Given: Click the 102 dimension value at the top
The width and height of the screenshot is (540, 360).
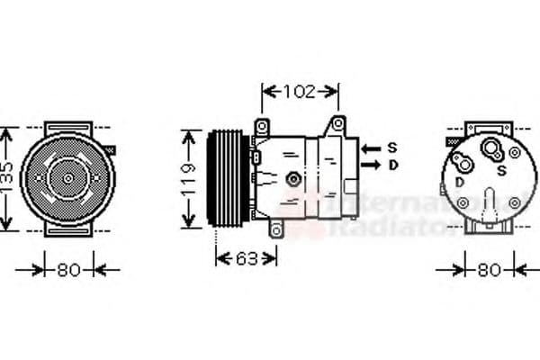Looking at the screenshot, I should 300,90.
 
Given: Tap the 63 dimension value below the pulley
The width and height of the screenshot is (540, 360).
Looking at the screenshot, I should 245,258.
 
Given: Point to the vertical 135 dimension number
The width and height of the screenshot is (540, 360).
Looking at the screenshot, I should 6,175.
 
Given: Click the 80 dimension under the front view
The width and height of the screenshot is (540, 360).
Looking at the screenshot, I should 68,268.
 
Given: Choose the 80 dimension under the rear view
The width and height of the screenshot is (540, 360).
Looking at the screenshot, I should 489,268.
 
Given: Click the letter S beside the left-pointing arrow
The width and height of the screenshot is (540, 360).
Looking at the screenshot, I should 392,147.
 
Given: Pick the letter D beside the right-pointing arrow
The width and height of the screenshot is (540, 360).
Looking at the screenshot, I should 392,165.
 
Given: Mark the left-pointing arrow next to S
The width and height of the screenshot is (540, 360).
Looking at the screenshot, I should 369,147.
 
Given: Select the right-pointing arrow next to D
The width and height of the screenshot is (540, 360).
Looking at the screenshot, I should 369,165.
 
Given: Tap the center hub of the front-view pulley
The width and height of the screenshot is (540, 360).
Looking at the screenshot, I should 67,178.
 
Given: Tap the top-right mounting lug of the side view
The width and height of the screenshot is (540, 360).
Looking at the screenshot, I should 337,123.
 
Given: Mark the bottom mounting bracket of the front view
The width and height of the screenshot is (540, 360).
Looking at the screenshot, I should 67,229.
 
